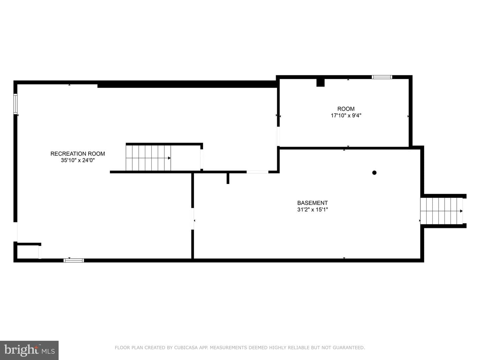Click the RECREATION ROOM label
pyautogui.click(x=78, y=154)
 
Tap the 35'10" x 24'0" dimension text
pyautogui.click(x=78, y=160)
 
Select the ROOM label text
pyautogui.click(x=346, y=109)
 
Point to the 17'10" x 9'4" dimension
pyautogui.click(x=346, y=115)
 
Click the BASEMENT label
pyautogui.click(x=312, y=203)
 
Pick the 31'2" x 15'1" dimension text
pyautogui.click(x=312, y=210)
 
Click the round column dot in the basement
pyautogui.click(x=374, y=173)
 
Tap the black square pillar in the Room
pyautogui.click(x=320, y=83)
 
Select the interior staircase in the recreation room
pyautogui.click(x=148, y=158)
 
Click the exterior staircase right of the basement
pyautogui.click(x=441, y=211)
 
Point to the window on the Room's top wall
pyautogui.click(x=382, y=77)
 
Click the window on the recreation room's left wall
pyautogui.click(x=15, y=104)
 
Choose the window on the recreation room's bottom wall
pyautogui.click(x=74, y=260)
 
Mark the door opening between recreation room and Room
pyautogui.click(x=278, y=136)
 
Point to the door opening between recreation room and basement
pyautogui.click(x=192, y=219)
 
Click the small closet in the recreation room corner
pyautogui.click(x=28, y=252)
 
